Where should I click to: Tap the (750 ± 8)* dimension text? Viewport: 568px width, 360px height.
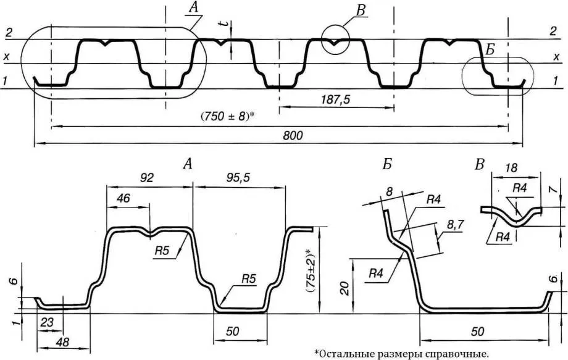point(228,116)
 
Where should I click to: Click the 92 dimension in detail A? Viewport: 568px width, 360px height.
point(146,177)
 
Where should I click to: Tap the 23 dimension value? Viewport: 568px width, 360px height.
point(46,322)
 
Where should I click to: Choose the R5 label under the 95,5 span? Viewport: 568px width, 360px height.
point(248,278)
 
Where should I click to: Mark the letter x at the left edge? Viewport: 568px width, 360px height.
point(7,57)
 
